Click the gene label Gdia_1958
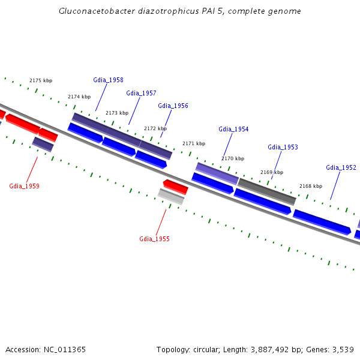108,80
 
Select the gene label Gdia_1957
141,94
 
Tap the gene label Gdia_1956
173,106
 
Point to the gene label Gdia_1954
233,130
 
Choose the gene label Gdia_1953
283,148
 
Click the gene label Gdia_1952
341,168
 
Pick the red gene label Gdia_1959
24,187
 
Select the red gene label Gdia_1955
154,239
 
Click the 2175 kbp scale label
41,80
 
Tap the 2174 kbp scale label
79,97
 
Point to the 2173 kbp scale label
117,113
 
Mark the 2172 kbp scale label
155,128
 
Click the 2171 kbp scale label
194,144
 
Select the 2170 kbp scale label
233,159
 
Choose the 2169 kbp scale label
272,172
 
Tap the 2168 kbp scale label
311,186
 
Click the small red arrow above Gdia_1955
176,187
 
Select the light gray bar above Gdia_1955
171,196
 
